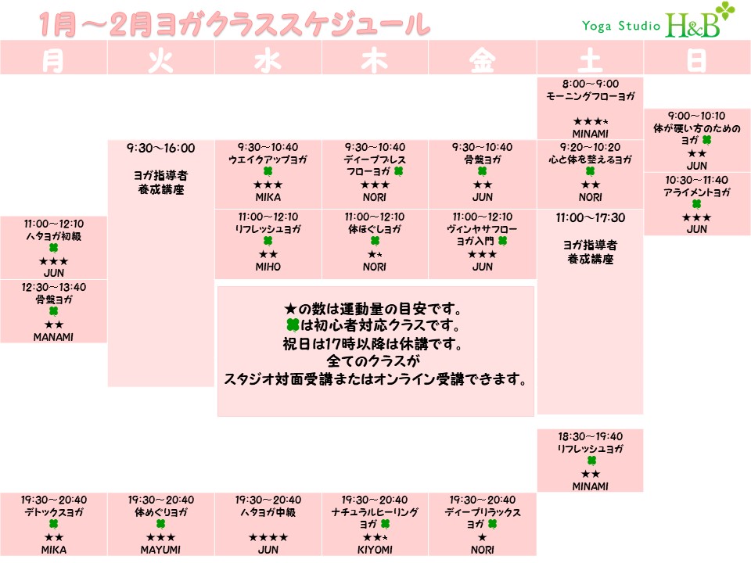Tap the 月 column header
click(x=53, y=61)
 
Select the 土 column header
click(x=590, y=61)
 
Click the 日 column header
click(x=696, y=61)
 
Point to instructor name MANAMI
click(x=53, y=337)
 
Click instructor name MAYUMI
click(x=160, y=550)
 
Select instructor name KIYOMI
click(x=375, y=550)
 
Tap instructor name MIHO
click(x=268, y=267)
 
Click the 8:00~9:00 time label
click(x=590, y=84)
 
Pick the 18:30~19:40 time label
click(x=590, y=436)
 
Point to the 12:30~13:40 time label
click(x=53, y=287)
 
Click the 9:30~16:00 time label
click(x=160, y=148)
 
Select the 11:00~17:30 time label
click(x=590, y=218)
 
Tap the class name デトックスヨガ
click(x=53, y=512)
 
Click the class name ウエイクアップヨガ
click(x=268, y=160)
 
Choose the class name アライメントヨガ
click(x=696, y=192)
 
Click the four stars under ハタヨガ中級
click(x=268, y=538)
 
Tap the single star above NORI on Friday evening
click(x=482, y=538)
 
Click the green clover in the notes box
click(x=293, y=325)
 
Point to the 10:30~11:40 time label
click(x=696, y=180)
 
